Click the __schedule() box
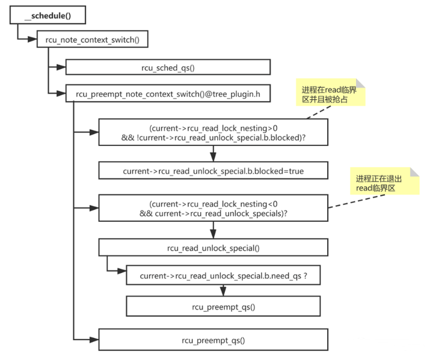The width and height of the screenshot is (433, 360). click(48, 15)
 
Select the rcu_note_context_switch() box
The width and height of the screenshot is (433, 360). click(92, 40)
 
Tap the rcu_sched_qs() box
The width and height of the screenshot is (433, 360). click(168, 67)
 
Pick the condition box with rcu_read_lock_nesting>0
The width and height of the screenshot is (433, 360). click(213, 133)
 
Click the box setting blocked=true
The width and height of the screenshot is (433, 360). click(213, 171)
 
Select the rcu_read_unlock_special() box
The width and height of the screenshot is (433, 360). click(213, 248)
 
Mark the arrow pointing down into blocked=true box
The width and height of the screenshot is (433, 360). click(213, 155)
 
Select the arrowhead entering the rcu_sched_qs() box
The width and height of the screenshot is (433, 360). click(61, 67)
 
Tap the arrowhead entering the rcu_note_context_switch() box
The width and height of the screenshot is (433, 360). click(33, 40)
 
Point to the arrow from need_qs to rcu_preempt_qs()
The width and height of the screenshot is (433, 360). click(223, 291)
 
